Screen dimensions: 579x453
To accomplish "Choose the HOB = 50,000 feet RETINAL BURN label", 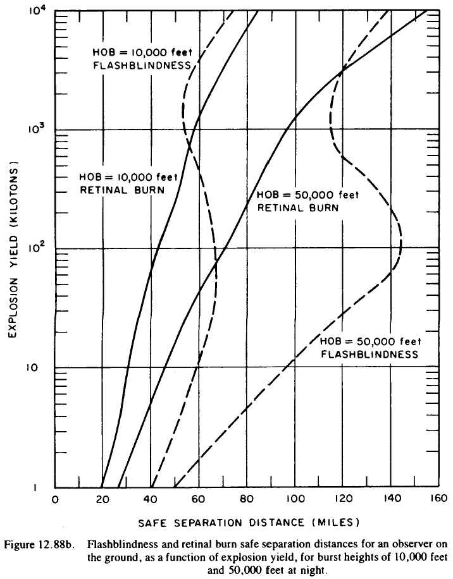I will pyautogui.click(x=306, y=200).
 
